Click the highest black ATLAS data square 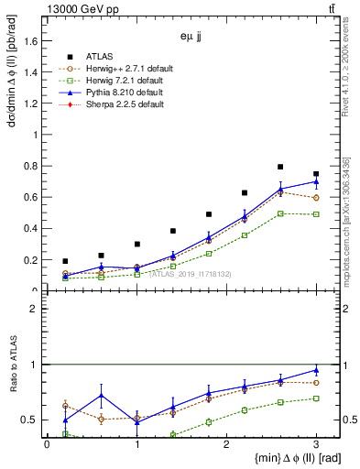(x=280, y=167)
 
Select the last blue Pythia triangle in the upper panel (x=316, y=181)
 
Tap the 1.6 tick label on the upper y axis (x=30, y=40)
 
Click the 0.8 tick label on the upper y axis (x=30, y=166)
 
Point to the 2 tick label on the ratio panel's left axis (x=34, y=309)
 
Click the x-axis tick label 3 (x=316, y=444)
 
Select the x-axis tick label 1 (x=136, y=444)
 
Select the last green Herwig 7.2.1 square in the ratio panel (x=316, y=398)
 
